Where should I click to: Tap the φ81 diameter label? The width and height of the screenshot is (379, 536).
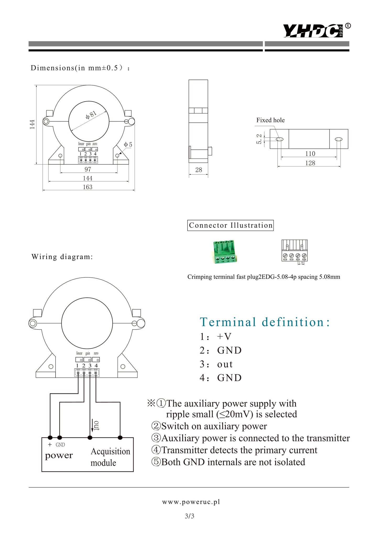(91, 115)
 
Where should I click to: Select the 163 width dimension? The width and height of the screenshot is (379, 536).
(88, 187)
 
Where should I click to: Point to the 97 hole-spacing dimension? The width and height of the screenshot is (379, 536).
(88, 169)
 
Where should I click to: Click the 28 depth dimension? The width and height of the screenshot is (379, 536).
(199, 170)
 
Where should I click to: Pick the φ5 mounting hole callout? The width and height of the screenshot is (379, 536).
(128, 144)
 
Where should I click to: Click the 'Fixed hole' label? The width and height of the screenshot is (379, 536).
(270, 120)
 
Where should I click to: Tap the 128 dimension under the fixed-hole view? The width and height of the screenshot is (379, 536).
(310, 163)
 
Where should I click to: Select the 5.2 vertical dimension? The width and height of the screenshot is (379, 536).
(259, 139)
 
